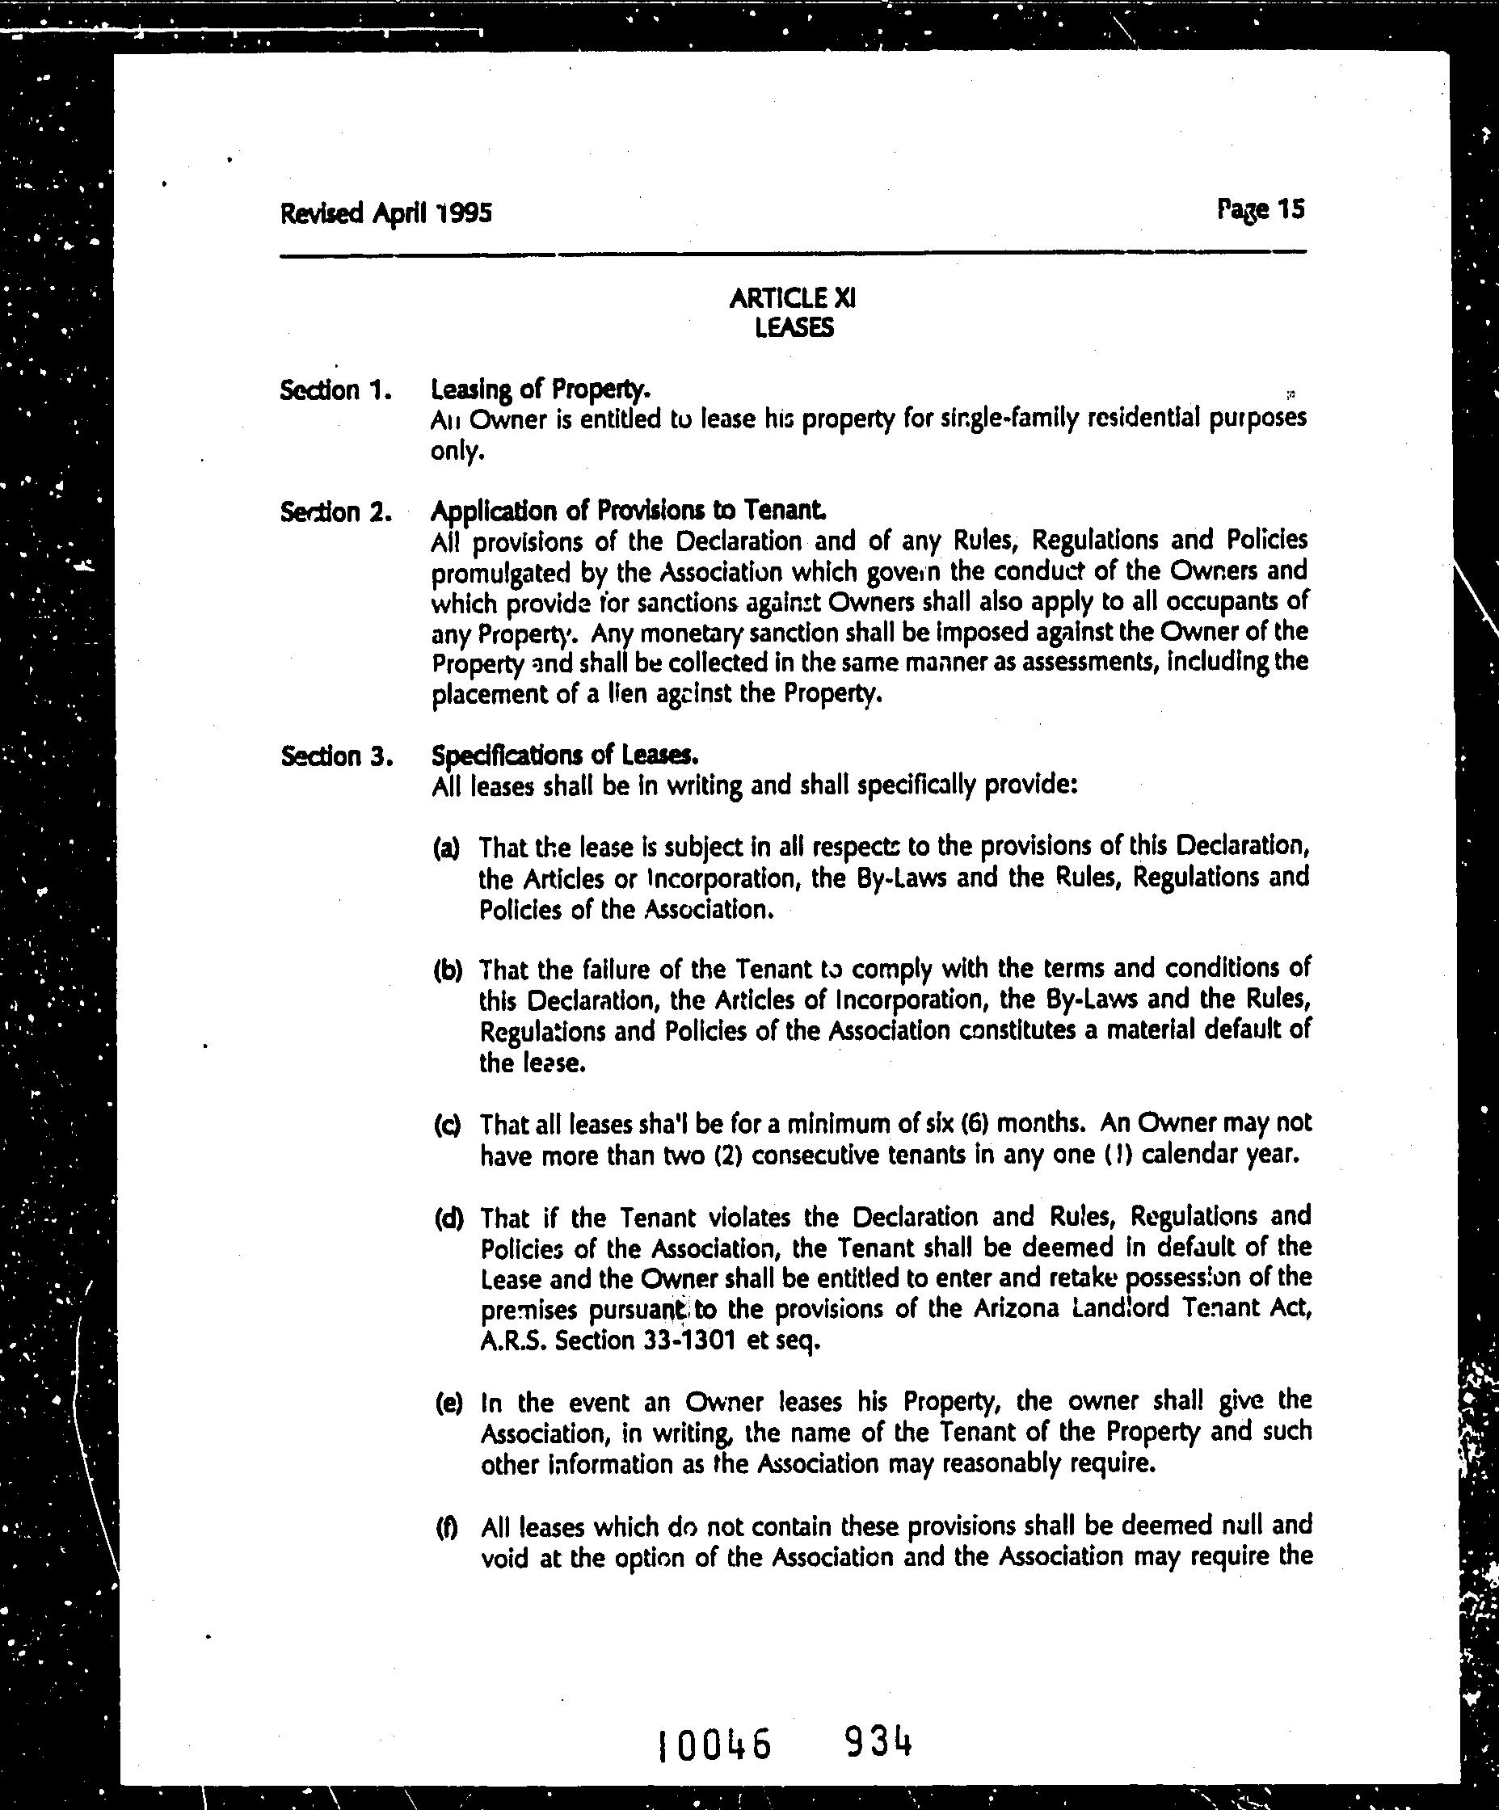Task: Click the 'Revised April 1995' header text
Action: click(x=385, y=212)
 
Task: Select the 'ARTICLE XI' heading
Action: click(x=792, y=298)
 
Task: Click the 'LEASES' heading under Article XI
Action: click(x=793, y=328)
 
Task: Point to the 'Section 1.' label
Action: click(x=336, y=390)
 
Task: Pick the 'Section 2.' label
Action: click(x=336, y=513)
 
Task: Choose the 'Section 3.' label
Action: click(x=336, y=757)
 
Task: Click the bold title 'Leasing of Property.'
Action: click(x=541, y=389)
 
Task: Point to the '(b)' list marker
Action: click(x=448, y=971)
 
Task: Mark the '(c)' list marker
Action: click(x=447, y=1126)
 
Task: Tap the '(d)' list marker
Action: click(x=448, y=1219)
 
